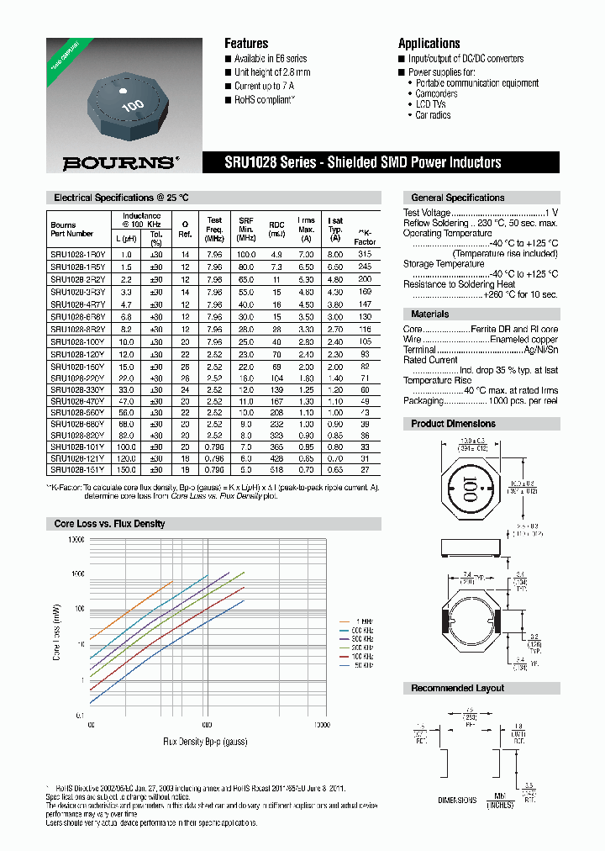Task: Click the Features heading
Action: pyautogui.click(x=246, y=44)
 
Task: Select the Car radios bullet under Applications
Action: pyautogui.click(x=433, y=115)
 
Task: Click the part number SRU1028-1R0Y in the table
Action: pyautogui.click(x=77, y=254)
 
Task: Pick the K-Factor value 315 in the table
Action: pyautogui.click(x=364, y=254)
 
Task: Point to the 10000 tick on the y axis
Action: pyautogui.click(x=75, y=539)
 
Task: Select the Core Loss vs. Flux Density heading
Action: pyautogui.click(x=109, y=524)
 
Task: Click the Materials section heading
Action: pyautogui.click(x=429, y=314)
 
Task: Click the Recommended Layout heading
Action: pyautogui.click(x=457, y=688)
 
